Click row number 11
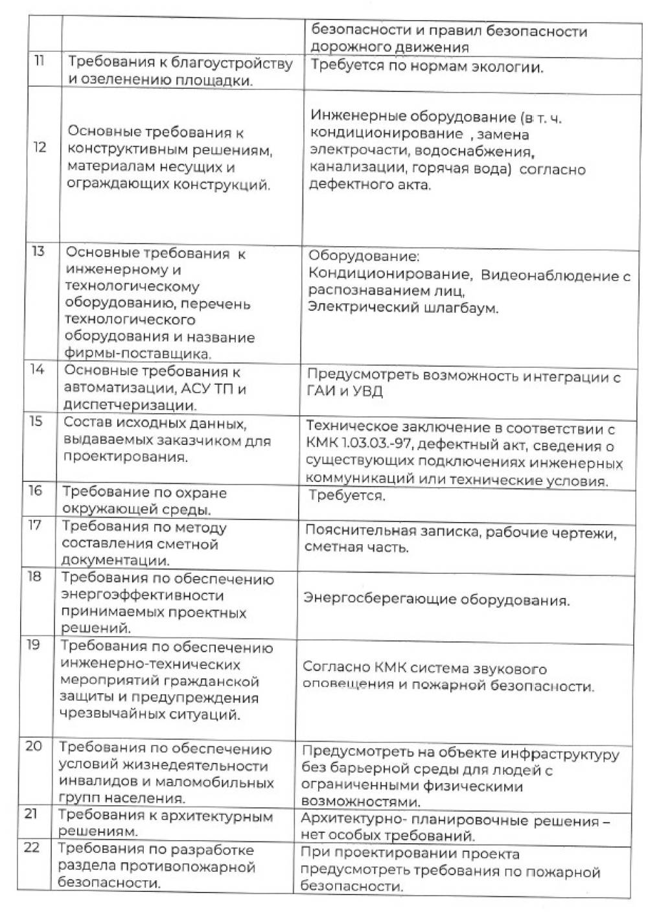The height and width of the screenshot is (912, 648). point(39,62)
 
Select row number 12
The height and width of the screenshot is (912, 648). point(40,147)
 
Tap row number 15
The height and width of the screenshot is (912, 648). point(36,422)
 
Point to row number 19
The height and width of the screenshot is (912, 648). point(33,644)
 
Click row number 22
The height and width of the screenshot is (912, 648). point(32,847)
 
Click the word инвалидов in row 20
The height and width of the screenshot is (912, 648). point(93,782)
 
